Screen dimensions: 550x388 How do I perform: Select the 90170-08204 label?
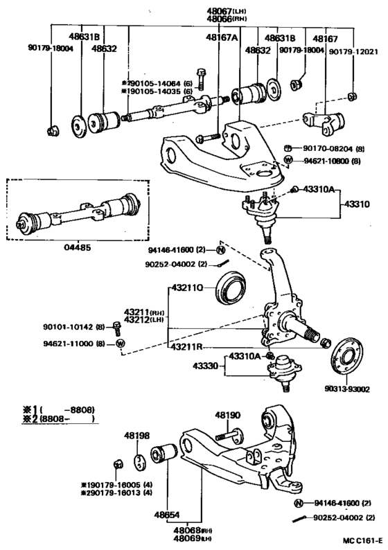[x=331, y=148]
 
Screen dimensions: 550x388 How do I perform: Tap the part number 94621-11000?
[x=71, y=343]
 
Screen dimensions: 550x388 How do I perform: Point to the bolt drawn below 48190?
[x=228, y=436]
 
